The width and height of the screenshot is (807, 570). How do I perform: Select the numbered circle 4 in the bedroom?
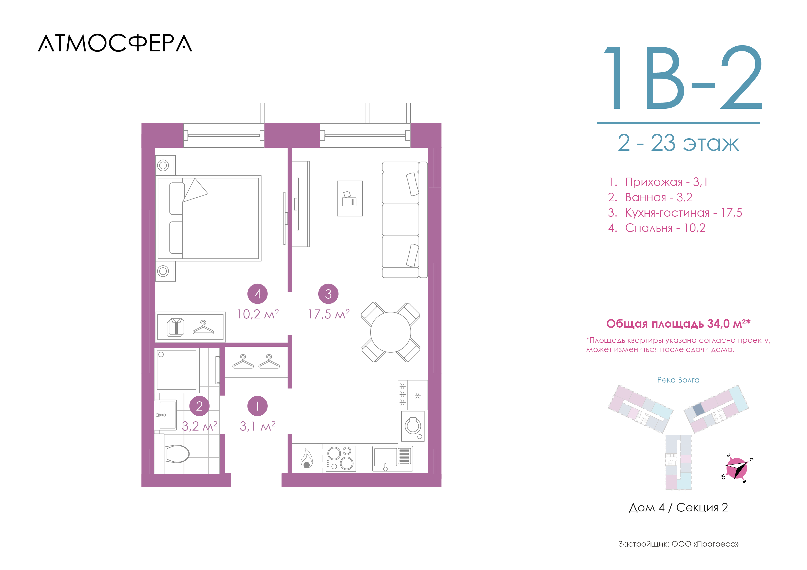click(x=258, y=294)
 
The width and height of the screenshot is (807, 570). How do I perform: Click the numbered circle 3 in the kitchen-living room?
click(x=328, y=294)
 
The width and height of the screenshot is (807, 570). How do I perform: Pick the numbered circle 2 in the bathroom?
click(x=199, y=406)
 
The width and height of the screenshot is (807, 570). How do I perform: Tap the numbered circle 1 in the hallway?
click(x=258, y=406)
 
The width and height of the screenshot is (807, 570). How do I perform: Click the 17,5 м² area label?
click(x=329, y=314)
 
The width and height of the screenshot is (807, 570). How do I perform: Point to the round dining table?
click(x=391, y=332)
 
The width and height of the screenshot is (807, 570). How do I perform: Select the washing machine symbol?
click(x=413, y=426)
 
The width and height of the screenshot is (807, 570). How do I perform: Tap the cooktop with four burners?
click(x=341, y=458)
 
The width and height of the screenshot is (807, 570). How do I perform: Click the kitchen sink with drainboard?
click(x=393, y=458)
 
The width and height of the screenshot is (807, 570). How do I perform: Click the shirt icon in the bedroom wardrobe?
click(x=175, y=327)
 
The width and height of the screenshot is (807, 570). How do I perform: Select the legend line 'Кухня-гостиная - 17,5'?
click(x=675, y=213)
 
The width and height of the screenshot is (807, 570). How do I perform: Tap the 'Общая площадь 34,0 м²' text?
click(x=678, y=323)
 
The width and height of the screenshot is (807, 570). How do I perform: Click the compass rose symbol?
click(x=736, y=468)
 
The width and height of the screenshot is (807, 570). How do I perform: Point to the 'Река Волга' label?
click(x=678, y=380)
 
